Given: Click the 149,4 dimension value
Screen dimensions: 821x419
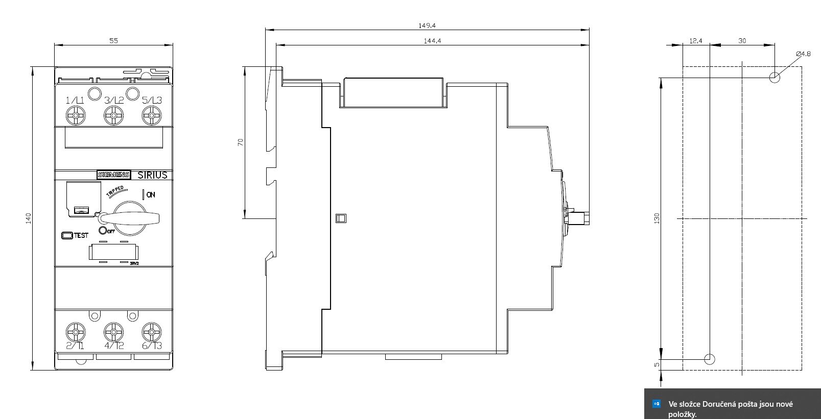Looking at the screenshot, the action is tap(427, 26).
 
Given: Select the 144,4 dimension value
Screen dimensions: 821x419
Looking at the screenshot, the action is tap(433, 41).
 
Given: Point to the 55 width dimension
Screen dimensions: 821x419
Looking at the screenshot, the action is tap(113, 41).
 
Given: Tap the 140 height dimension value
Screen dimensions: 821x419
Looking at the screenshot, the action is tap(29, 218).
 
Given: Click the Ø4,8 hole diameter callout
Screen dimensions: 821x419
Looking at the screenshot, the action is tap(803, 54).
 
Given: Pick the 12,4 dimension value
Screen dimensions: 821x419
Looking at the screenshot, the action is tap(696, 41).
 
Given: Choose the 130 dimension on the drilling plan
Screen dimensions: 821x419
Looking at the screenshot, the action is tap(657, 218).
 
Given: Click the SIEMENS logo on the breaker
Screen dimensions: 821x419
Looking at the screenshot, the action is tap(113, 175).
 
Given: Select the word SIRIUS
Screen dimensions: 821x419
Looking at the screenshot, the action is tap(152, 175).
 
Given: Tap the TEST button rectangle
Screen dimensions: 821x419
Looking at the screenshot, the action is tap(67, 235).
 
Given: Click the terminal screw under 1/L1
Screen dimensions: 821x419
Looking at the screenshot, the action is tap(76, 116).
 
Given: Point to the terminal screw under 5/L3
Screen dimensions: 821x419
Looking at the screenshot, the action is tap(152, 116).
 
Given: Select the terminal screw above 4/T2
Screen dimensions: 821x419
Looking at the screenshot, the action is tap(113, 332).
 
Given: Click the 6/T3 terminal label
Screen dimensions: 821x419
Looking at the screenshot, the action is tap(152, 346).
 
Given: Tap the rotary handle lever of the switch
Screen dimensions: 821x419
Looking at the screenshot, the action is tap(130, 218).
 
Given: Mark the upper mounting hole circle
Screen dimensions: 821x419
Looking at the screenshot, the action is tap(775, 78).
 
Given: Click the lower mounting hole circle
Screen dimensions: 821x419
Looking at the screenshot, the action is tap(710, 359).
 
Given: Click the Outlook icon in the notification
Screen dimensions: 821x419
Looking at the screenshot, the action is tap(656, 404).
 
